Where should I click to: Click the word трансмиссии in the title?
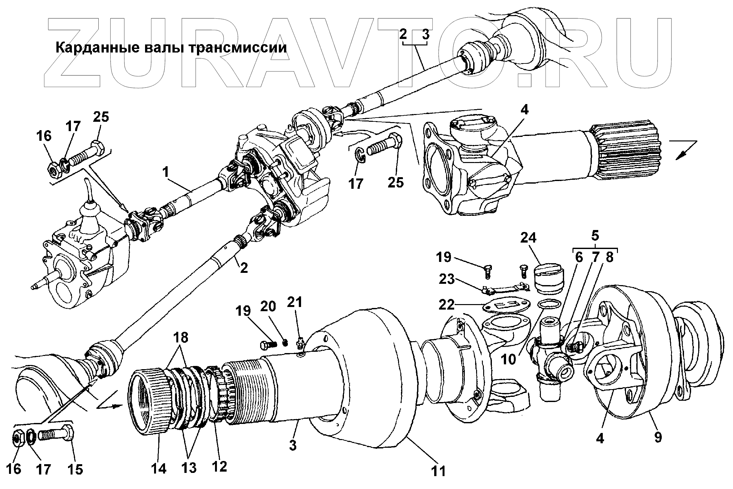[237, 48]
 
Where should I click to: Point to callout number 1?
[165, 173]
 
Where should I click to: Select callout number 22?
[446, 304]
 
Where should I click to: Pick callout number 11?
[438, 471]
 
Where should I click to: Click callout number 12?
[220, 466]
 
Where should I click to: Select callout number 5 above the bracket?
[595, 236]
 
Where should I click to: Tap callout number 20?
[268, 307]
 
